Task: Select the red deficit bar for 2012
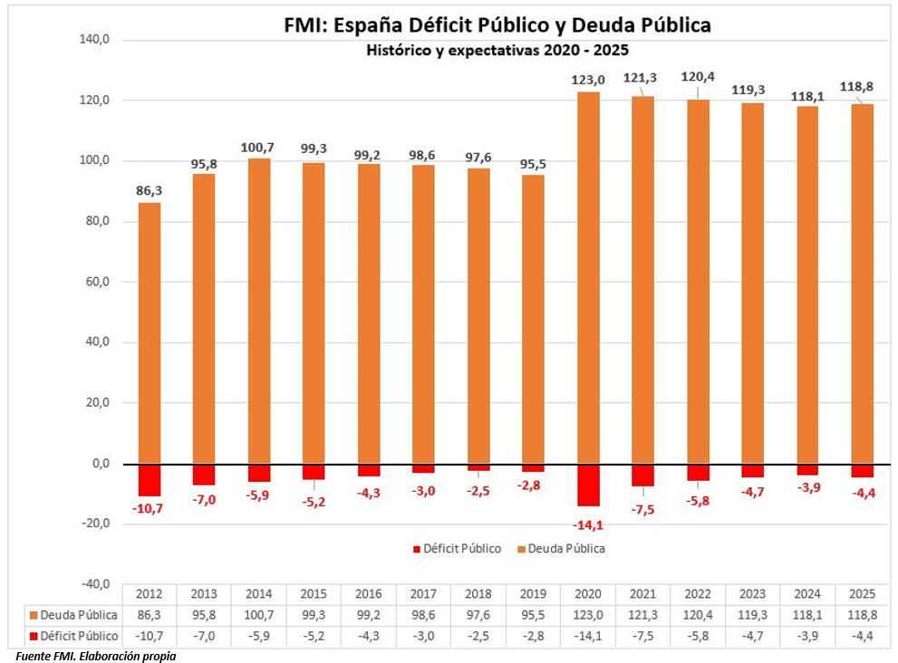pos(149,479)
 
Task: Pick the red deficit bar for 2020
pos(588,485)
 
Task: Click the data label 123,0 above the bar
pos(588,80)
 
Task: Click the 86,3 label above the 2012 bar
pos(149,191)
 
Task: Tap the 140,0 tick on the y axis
pos(94,40)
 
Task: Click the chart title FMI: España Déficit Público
pos(497,25)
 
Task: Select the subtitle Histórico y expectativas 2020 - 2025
pos(497,50)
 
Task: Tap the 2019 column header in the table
pos(533,594)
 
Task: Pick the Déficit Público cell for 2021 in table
pos(643,635)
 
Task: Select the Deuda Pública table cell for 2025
pos(863,614)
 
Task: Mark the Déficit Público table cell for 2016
pos(368,635)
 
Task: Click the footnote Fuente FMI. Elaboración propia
pos(95,655)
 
